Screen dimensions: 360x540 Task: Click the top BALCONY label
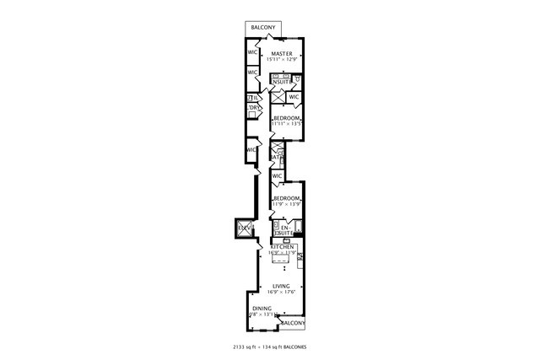(x=262, y=28)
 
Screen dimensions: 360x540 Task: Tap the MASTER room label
(x=283, y=53)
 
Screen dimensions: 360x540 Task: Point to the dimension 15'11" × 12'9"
(x=283, y=60)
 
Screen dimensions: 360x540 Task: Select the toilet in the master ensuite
(x=299, y=80)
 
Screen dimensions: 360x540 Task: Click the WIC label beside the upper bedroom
(x=294, y=97)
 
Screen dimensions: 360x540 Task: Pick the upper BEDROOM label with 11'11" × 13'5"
(x=286, y=117)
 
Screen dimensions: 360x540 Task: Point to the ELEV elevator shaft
(x=244, y=228)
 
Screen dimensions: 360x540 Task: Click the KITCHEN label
(x=281, y=247)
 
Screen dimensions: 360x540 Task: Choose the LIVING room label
(x=280, y=287)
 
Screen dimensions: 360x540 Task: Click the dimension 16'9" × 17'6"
(x=280, y=293)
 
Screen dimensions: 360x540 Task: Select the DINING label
(x=262, y=309)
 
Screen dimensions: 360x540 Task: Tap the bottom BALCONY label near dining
(x=292, y=324)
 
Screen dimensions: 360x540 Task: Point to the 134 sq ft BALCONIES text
(x=290, y=347)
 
